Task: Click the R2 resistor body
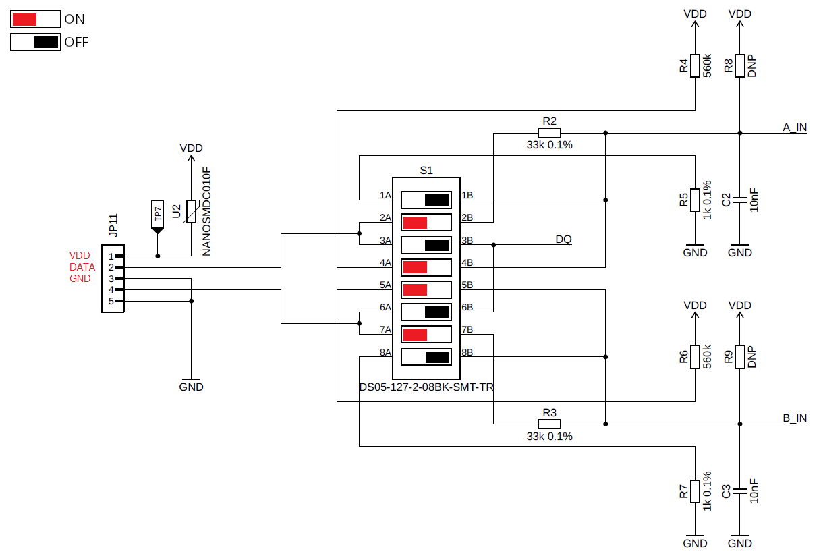549,133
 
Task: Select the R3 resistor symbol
549,424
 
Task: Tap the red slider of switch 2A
415,222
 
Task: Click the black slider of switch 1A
437,200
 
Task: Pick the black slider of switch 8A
437,357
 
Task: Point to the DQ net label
563,240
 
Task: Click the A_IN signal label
795,127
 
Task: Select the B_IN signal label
795,418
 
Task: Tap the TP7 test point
158,217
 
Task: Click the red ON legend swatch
24,20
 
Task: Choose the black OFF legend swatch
47,43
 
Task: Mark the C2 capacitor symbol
739,200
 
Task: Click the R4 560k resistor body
695,65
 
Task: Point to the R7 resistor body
695,491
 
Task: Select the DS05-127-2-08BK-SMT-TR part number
426,387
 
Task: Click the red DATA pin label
82,267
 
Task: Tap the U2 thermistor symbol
191,211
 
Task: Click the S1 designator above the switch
426,170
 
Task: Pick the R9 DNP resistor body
739,357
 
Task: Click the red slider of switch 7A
415,335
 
